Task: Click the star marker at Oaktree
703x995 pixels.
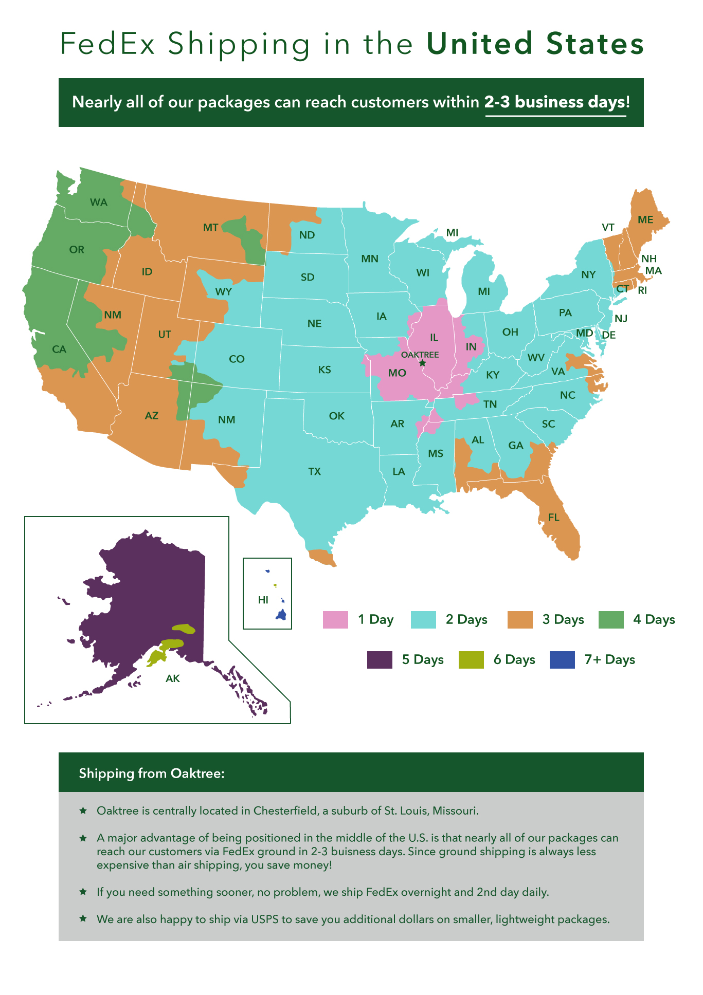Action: pos(422,363)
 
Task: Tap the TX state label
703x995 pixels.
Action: pos(314,471)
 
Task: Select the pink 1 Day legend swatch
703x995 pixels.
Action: pos(335,619)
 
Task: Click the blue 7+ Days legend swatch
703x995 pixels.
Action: pos(562,659)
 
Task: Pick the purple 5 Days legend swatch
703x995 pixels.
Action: pos(380,659)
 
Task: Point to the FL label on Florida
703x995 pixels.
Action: pos(553,518)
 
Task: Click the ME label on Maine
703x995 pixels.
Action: pos(645,220)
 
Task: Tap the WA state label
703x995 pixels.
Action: pos(98,202)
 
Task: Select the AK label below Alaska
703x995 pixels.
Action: pos(173,678)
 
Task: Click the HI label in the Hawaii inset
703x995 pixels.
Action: pos(263,600)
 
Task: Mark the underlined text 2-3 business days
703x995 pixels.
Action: pos(555,102)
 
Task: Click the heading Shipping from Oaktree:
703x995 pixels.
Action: pos(152,773)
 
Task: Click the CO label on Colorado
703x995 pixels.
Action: pos(237,359)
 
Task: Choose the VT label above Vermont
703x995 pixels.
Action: pos(608,227)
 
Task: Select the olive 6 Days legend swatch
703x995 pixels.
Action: pos(471,659)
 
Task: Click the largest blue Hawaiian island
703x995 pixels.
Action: pos(282,614)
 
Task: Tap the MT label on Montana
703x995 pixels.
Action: pos(210,228)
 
